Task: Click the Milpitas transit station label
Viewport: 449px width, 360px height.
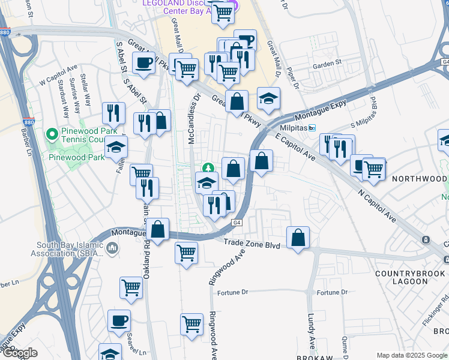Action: tap(294, 128)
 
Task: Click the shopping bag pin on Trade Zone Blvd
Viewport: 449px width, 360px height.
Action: tap(298, 239)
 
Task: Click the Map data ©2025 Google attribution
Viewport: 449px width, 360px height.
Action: tap(412, 355)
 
